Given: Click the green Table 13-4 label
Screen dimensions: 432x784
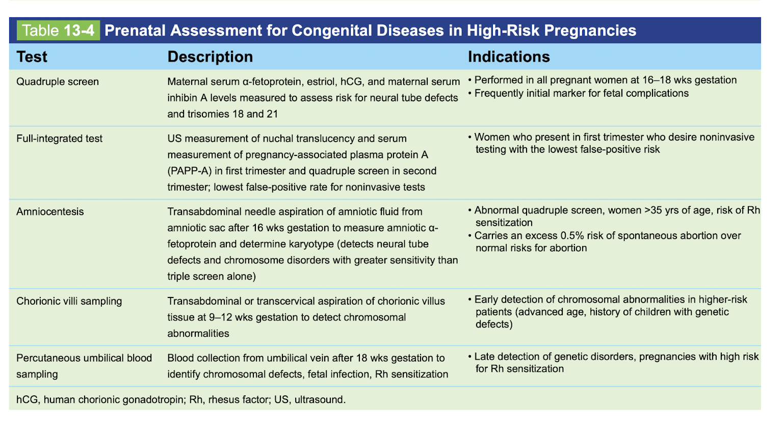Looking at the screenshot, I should (x=58, y=31).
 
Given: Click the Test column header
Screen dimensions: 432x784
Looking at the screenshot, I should (x=32, y=57).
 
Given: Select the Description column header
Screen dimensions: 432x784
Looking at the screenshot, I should (x=210, y=57).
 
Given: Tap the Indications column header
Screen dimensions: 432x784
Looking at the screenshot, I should (x=509, y=57).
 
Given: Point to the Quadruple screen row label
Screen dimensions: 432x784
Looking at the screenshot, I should (x=58, y=82).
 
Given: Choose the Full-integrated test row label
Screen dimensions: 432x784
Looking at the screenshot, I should (x=59, y=139).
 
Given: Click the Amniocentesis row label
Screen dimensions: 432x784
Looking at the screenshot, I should (x=50, y=211).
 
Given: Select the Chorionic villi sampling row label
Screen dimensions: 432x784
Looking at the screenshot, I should (x=69, y=301).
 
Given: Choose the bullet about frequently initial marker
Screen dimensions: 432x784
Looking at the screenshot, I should (x=581, y=93).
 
